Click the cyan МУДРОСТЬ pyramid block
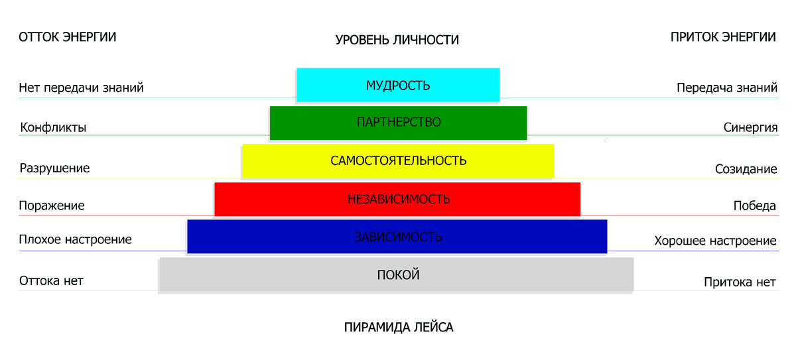[x=398, y=85]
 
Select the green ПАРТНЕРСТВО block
[x=398, y=123]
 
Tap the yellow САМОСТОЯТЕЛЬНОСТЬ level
[x=398, y=161]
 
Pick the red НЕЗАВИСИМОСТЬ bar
[x=398, y=199]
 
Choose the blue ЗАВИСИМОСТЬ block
[x=398, y=237]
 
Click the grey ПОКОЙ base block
[x=398, y=275]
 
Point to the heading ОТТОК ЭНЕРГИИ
[x=68, y=37]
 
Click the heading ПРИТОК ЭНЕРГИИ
[x=723, y=37]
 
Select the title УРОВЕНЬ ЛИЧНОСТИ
[x=397, y=40]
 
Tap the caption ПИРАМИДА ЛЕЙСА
[x=399, y=328]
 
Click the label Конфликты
[x=53, y=127]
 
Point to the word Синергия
[x=750, y=127]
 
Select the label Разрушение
[x=54, y=168]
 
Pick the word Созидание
[x=746, y=169]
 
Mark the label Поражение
[x=52, y=206]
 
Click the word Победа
[x=754, y=206]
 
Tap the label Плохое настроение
[x=76, y=239]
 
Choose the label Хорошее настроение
[x=715, y=240]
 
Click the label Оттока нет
[x=51, y=280]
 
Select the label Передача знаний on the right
[x=727, y=88]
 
